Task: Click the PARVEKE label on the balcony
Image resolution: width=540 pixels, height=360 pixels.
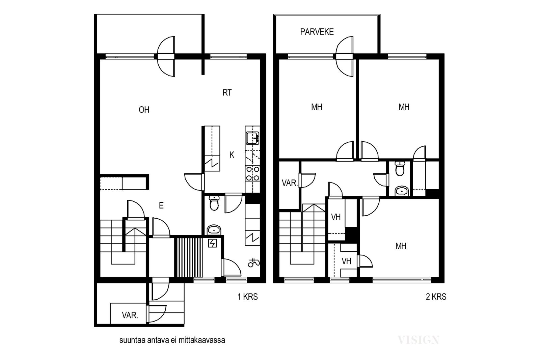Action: coord(317,32)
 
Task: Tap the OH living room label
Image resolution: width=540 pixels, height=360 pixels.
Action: coord(144,110)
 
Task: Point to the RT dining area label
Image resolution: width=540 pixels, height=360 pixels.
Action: coord(227,92)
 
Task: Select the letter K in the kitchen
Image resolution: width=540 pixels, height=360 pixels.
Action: coord(232,155)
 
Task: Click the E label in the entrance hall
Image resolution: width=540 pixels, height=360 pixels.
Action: coord(161,205)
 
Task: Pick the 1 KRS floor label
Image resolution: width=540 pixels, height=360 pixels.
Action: coord(248,297)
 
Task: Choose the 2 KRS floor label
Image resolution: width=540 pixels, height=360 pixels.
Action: coord(436,297)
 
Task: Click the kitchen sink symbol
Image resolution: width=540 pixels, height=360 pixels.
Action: coord(252,138)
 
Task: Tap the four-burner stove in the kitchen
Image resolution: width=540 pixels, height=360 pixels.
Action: coord(252,174)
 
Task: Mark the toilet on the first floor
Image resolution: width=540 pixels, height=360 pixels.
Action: coord(214,203)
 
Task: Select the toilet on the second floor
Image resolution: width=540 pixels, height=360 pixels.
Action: coord(400,169)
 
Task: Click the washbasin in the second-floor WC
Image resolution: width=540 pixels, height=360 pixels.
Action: coord(402,191)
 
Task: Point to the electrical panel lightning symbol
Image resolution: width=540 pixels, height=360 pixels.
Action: coord(212,243)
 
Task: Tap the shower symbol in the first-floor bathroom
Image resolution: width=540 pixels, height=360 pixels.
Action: coord(254,262)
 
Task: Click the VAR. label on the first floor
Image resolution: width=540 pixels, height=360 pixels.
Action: coord(130,315)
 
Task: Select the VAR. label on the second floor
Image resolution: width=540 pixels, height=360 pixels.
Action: coord(290,183)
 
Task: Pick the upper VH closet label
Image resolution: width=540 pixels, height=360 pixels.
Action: coord(336,217)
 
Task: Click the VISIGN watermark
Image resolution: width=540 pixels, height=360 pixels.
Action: coord(418,340)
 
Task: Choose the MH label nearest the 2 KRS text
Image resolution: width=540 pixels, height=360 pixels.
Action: coord(401,246)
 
